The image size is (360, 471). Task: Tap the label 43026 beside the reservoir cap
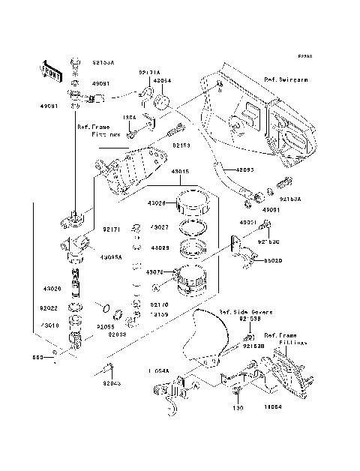coord(156,204)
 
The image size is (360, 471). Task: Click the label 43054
coord(163,80)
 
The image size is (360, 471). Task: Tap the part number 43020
coord(52,289)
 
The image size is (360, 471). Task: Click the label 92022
coord(52,307)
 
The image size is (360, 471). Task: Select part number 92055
coord(105,327)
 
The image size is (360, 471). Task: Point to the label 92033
coord(117,335)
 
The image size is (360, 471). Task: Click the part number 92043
coord(112,383)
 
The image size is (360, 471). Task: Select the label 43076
coord(156,272)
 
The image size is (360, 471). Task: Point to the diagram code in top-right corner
coord(304,57)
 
